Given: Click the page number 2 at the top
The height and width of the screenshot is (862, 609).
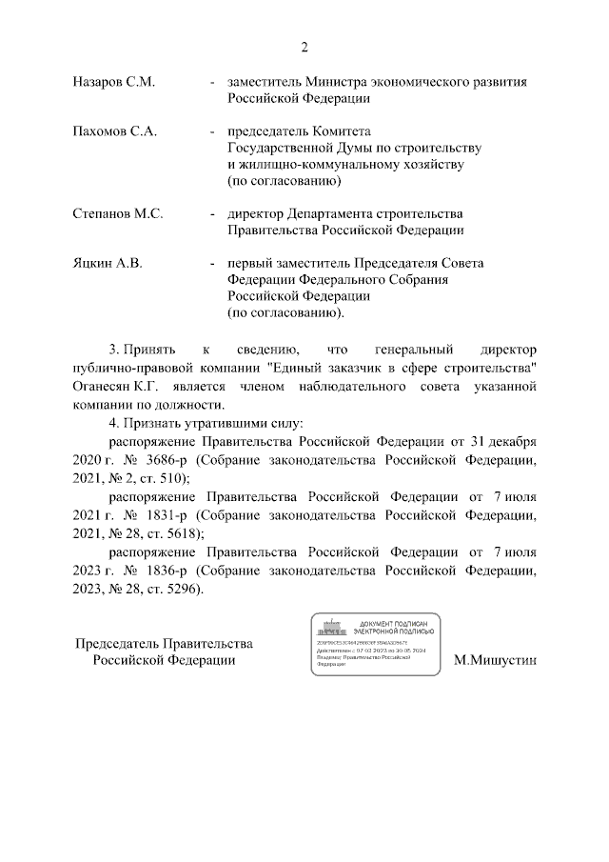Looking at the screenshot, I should tap(304, 48).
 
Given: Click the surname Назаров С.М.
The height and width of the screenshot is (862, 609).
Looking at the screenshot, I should tap(113, 83).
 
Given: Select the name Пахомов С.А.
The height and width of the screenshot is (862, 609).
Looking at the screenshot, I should tap(114, 131).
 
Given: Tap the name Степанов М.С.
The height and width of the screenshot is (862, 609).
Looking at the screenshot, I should tap(118, 214).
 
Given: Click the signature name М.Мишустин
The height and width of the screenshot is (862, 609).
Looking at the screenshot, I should tap(496, 659).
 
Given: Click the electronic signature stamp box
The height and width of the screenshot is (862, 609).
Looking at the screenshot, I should tap(376, 644).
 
